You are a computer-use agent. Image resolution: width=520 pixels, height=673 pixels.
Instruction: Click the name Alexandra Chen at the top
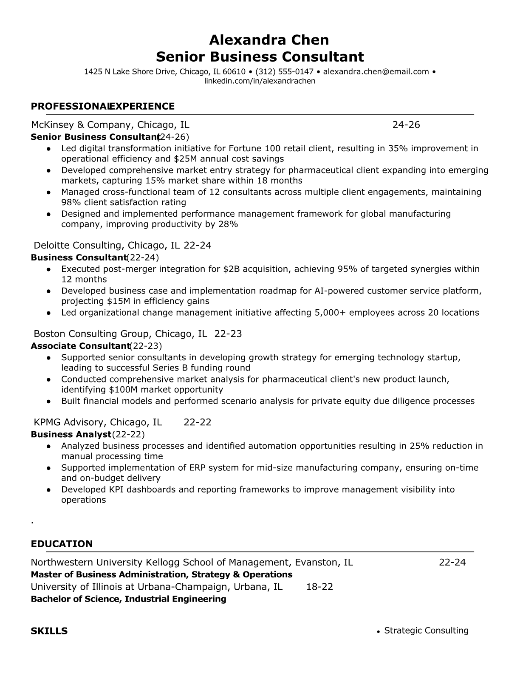pos(268,40)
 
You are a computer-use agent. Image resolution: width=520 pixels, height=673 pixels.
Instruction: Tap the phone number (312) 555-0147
pos(284,72)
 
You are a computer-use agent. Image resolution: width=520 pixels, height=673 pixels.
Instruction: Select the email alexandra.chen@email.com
pos(376,72)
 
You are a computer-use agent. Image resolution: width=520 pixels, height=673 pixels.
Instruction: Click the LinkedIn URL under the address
pos(260,81)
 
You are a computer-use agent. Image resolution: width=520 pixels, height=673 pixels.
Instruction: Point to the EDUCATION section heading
pos(62,544)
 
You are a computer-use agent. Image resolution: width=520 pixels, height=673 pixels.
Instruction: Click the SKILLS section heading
pos(49,631)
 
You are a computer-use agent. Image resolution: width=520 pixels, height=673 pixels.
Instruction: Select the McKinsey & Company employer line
pos(110,124)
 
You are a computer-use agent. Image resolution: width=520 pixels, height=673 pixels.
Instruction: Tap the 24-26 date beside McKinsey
pos(406,124)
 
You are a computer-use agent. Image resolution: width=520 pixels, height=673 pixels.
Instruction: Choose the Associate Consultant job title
pos(80,346)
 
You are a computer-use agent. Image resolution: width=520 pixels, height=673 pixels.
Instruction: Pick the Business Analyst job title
pos(71,434)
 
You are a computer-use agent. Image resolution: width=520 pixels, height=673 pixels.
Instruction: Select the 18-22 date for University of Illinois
pos(319,587)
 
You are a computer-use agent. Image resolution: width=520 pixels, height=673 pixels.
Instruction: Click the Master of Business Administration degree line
pos(161,574)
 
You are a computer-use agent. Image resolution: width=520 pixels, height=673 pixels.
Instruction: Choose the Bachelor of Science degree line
pos(128,599)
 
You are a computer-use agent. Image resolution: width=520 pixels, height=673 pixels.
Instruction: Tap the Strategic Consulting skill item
pos(426,631)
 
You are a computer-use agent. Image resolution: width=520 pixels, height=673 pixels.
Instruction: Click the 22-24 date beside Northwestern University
pos(452,562)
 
